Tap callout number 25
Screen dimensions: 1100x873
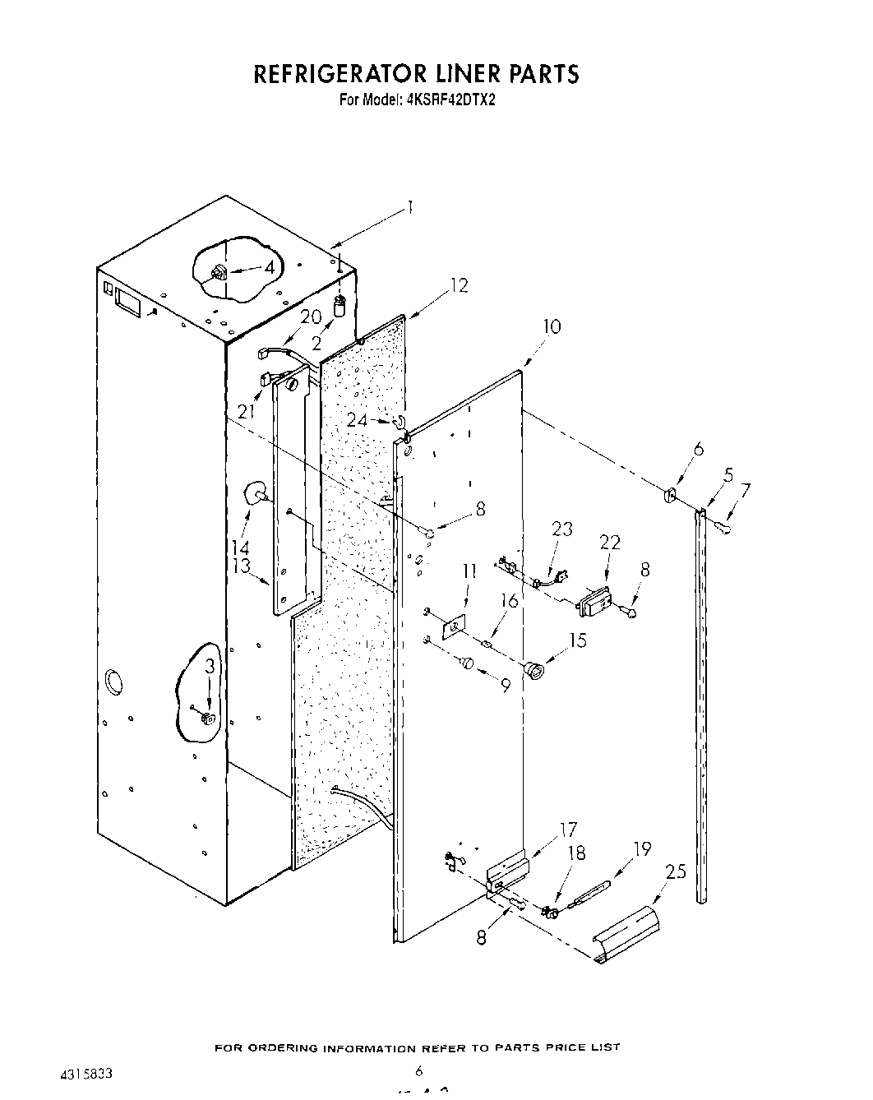click(676, 871)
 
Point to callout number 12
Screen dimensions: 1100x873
click(458, 285)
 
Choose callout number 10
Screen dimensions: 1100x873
click(552, 326)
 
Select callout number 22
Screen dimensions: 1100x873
click(610, 543)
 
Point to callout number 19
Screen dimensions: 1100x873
click(641, 848)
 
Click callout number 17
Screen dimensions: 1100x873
click(567, 830)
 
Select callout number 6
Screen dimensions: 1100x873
click(699, 448)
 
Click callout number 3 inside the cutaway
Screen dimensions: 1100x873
click(210, 667)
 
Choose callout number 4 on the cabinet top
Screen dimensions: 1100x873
click(269, 267)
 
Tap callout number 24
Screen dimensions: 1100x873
click(356, 420)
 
